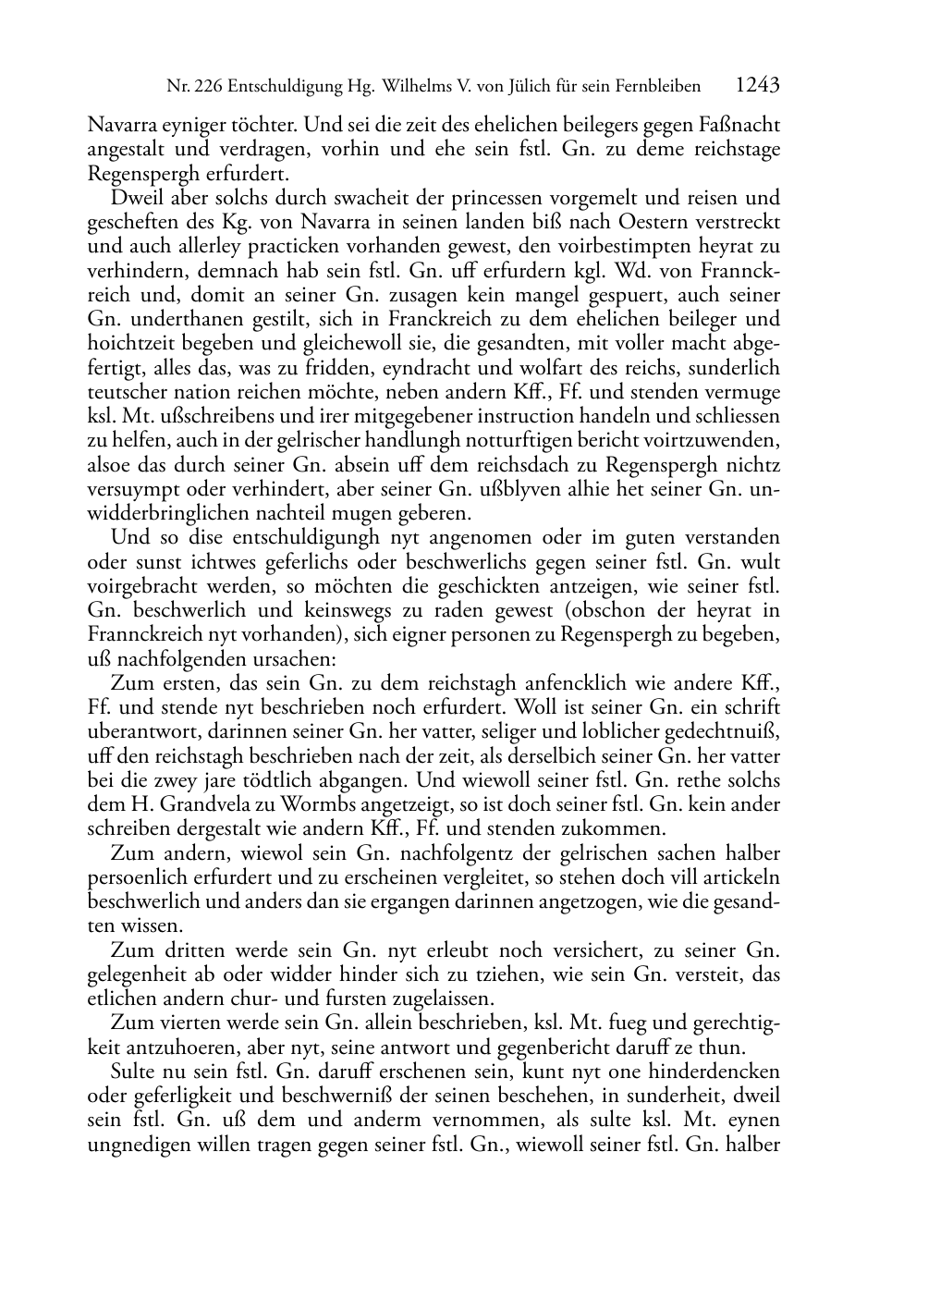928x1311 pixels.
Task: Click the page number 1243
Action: coord(757,86)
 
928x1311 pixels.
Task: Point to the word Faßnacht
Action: coord(744,125)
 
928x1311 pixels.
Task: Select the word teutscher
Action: coord(122,392)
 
